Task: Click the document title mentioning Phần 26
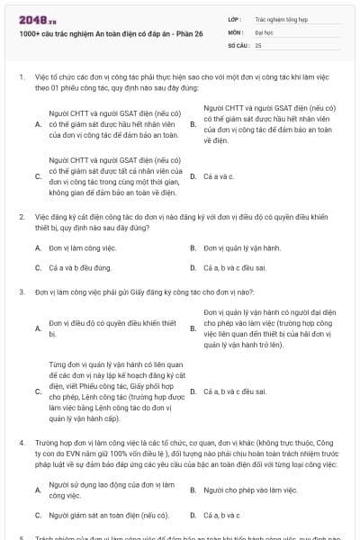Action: pyautogui.click(x=92, y=32)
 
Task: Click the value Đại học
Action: pyautogui.click(x=265, y=31)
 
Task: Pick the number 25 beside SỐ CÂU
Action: pyautogui.click(x=258, y=43)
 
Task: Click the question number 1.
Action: pyautogui.click(x=21, y=78)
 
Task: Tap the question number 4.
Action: pyautogui.click(x=21, y=443)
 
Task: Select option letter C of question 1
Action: pyautogui.click(x=37, y=176)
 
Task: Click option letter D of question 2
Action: pyautogui.click(x=193, y=268)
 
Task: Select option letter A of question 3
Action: pyautogui.click(x=37, y=328)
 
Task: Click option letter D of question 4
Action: pyautogui.click(x=193, y=515)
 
